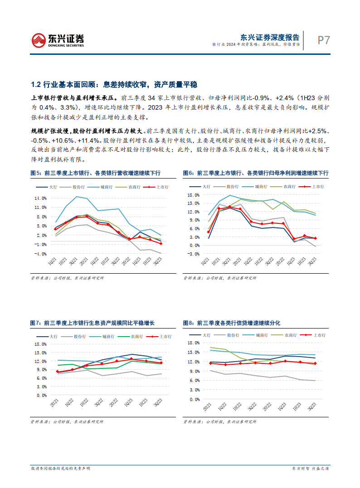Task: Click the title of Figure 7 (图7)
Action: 92,323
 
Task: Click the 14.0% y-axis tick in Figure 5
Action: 40,198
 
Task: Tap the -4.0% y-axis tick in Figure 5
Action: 40,254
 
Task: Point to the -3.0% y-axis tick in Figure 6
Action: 194,254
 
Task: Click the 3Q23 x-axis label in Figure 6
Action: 312,263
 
